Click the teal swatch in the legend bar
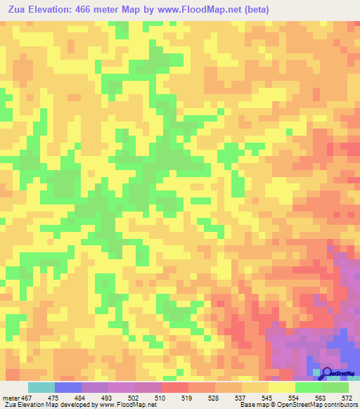coord(41,388)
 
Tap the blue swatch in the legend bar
coord(68,388)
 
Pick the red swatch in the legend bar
coord(175,388)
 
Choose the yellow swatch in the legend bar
coord(282,388)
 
